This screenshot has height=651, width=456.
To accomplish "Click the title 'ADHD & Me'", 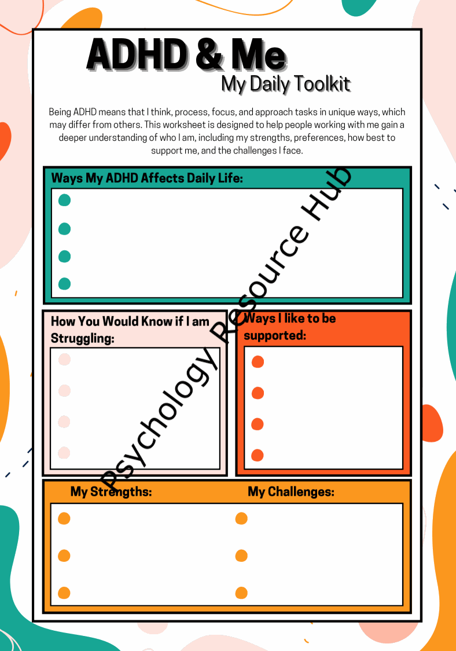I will click(x=186, y=56).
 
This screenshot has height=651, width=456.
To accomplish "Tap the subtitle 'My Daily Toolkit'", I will click(x=286, y=84).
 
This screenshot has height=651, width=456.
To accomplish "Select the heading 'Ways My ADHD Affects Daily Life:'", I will click(x=147, y=178).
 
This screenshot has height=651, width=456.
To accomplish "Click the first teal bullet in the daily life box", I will click(x=65, y=200).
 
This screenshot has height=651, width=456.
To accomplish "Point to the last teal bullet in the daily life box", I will click(x=65, y=284).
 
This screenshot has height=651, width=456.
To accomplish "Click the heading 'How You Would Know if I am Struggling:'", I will click(x=130, y=330).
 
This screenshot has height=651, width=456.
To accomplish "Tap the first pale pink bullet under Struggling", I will click(x=64, y=360).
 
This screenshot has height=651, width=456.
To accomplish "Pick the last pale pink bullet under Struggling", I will click(x=64, y=452).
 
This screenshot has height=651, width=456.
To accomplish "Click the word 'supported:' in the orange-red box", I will click(x=275, y=335).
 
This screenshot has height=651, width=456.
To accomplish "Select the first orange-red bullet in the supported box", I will click(x=258, y=362).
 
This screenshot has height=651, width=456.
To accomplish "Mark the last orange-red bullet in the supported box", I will click(x=258, y=455).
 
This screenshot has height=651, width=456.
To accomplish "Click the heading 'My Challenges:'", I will click(x=291, y=492).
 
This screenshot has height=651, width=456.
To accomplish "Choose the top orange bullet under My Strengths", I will click(x=64, y=518).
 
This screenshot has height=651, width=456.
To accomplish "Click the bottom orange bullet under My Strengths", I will click(x=64, y=593).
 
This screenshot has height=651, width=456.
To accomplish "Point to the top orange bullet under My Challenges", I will click(x=241, y=518).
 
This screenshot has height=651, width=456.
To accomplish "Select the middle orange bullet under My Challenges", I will click(x=241, y=556).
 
